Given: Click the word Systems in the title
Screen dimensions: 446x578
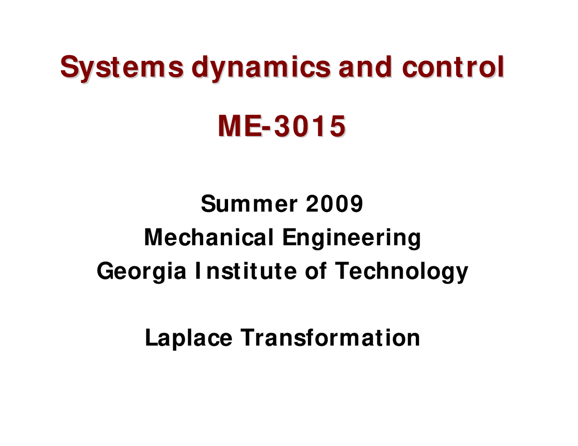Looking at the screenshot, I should coord(122,68).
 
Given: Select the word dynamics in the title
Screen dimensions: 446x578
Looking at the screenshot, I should coord(261,68).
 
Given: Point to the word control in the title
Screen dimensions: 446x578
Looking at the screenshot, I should coord(453,68).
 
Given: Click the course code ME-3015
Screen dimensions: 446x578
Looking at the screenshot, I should coord(282,126).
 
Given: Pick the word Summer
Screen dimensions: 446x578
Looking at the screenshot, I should coord(249,204).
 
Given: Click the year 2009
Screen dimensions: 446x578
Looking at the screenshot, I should coord(335,204).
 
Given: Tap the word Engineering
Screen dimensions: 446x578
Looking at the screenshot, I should coord(351,238).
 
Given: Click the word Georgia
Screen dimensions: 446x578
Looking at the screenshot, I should coord(141,271).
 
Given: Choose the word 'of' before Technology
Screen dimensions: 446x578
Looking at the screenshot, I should coord(316,271).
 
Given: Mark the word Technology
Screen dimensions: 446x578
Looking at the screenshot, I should coord(401,271).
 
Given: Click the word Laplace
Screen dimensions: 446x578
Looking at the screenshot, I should coord(188,338).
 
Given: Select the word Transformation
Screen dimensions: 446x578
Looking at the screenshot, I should coord(330,338).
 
